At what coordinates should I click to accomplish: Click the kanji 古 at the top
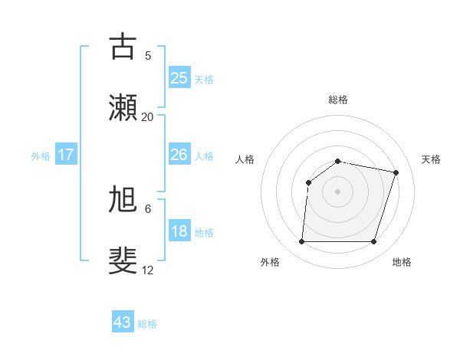coord(123,47)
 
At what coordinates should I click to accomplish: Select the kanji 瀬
coord(123,108)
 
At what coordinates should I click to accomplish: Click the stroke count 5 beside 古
coord(148,55)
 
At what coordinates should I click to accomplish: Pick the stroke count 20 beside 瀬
coord(148,116)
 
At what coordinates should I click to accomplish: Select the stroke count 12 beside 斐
coord(148,270)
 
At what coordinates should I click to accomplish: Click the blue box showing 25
coord(179,78)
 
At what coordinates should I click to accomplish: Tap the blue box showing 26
coord(179,155)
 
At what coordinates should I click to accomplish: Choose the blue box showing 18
coord(179,231)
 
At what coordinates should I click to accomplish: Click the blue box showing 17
coord(66,155)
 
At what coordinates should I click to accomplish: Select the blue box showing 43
coord(123,322)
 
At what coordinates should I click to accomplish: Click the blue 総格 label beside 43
coord(148,324)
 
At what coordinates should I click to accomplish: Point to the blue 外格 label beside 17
coord(41,156)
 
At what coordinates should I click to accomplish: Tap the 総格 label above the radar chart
coord(338,100)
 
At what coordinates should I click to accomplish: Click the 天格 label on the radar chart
coord(431,159)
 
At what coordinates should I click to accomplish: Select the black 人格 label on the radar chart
coord(245,159)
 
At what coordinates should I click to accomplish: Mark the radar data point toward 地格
coord(373,242)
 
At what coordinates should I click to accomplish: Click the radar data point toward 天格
coord(396,172)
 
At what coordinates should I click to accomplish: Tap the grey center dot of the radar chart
coord(337,191)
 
